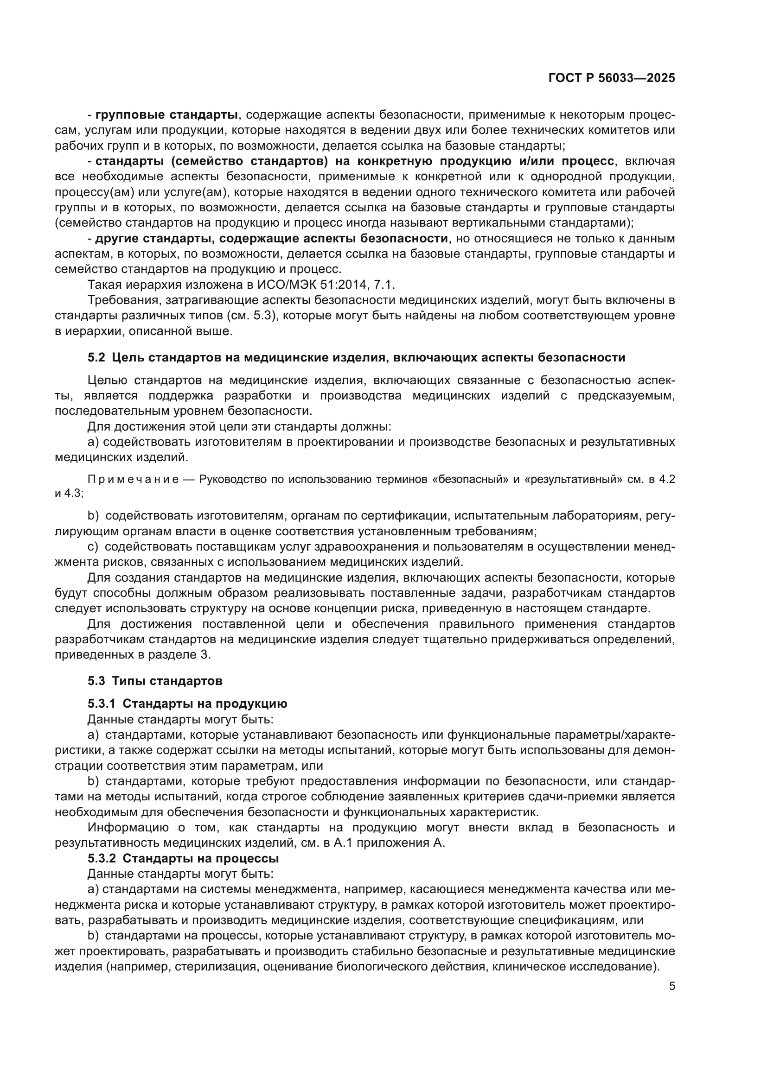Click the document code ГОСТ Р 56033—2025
click(612, 78)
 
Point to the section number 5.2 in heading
click(96, 357)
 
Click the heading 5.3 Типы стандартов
click(155, 681)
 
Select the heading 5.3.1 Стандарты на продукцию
click(187, 704)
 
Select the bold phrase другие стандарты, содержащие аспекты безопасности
click(272, 238)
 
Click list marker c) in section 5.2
click(93, 547)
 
